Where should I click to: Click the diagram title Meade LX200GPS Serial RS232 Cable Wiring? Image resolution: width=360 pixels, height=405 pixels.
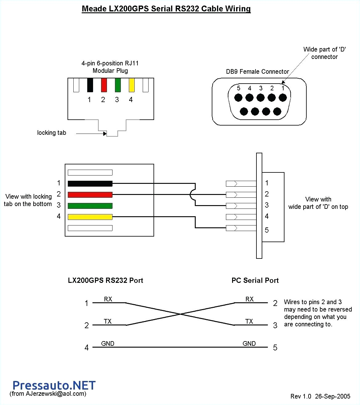pos(166,9)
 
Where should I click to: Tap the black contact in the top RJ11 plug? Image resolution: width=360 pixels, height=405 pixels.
pos(90,85)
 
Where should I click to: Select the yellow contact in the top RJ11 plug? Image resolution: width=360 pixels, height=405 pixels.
pos(132,85)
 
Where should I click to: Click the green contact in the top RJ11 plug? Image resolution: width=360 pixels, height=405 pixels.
pos(118,85)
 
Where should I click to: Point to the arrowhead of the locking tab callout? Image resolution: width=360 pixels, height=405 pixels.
pos(105,134)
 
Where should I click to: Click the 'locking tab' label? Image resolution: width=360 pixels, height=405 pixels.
pos(51,133)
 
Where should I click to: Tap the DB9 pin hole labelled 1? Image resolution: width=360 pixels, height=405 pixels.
pos(283,98)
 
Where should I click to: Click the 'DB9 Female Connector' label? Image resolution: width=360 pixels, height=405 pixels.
pos(257,72)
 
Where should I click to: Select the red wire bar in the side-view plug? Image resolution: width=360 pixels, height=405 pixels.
pos(90,195)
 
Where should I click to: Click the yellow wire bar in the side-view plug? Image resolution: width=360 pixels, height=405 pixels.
pos(90,217)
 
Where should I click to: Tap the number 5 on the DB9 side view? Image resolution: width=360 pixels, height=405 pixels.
pos(267,230)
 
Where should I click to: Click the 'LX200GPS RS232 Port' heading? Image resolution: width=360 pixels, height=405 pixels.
pos(105,280)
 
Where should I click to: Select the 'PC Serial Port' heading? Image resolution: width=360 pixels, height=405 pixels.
pos(255,280)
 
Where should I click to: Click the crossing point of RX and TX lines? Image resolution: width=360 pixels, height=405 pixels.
pos(180,314)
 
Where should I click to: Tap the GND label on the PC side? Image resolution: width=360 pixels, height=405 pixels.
pos(249,344)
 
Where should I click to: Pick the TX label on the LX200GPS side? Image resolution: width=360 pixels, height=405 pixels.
pos(108,321)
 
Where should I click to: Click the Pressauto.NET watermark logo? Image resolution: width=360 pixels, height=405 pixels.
pos(54,385)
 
